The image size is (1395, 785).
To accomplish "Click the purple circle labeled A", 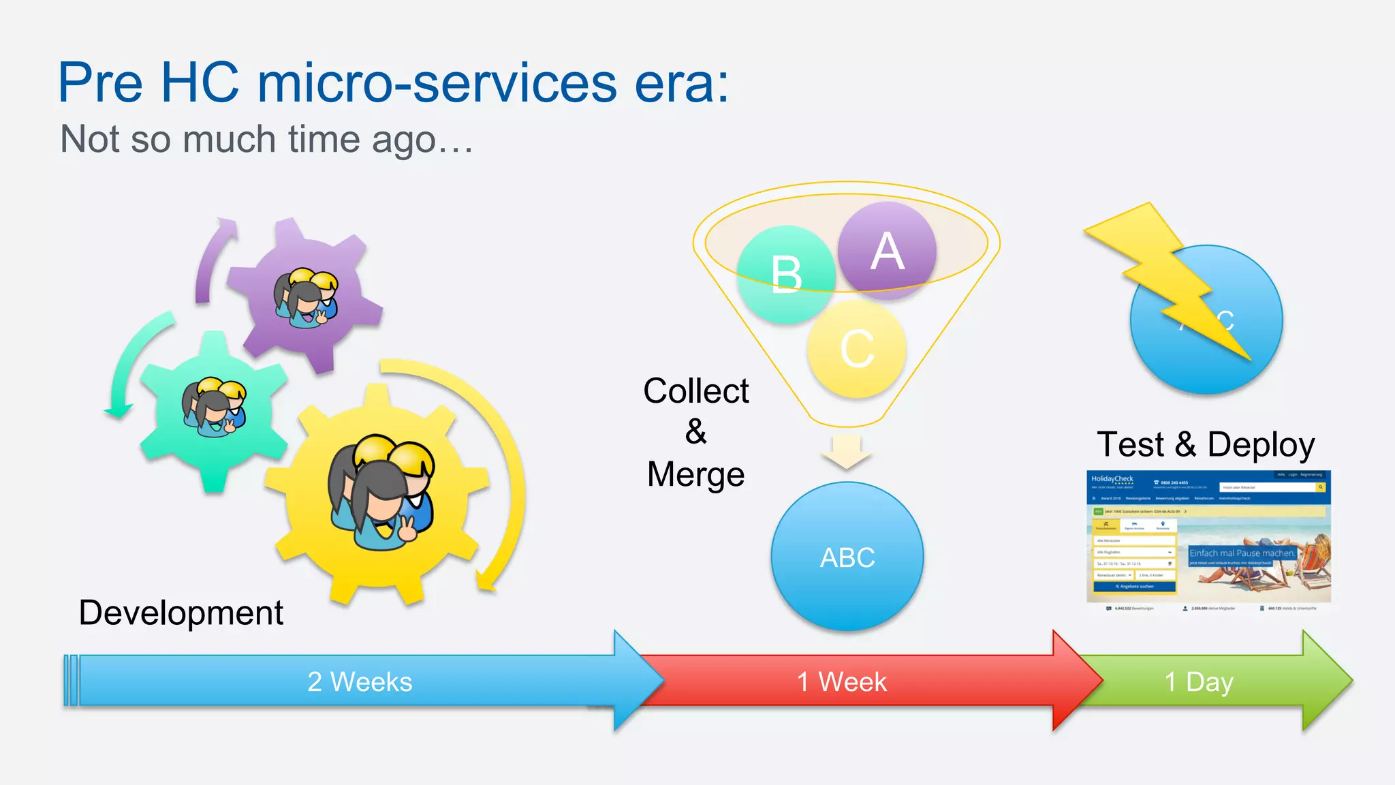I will [886, 251].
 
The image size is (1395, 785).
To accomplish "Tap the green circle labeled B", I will [786, 274].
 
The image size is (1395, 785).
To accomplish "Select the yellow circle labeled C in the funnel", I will [857, 349].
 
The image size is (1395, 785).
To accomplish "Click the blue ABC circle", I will [847, 557].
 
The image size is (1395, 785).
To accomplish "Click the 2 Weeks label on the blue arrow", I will [360, 681].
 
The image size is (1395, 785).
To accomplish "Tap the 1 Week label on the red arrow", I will [842, 681].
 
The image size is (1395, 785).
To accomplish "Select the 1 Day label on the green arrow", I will [1199, 681].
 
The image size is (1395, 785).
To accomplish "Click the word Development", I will [181, 612].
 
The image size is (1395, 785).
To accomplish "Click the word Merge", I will [695, 474].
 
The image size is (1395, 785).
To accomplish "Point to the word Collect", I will [695, 391].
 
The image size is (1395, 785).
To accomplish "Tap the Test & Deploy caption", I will [1206, 444].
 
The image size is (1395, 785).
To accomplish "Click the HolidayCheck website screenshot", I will [1208, 538].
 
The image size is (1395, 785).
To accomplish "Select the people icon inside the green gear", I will [214, 406].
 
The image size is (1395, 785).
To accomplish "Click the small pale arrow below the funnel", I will [847, 452].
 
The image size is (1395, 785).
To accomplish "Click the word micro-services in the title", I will [437, 83].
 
